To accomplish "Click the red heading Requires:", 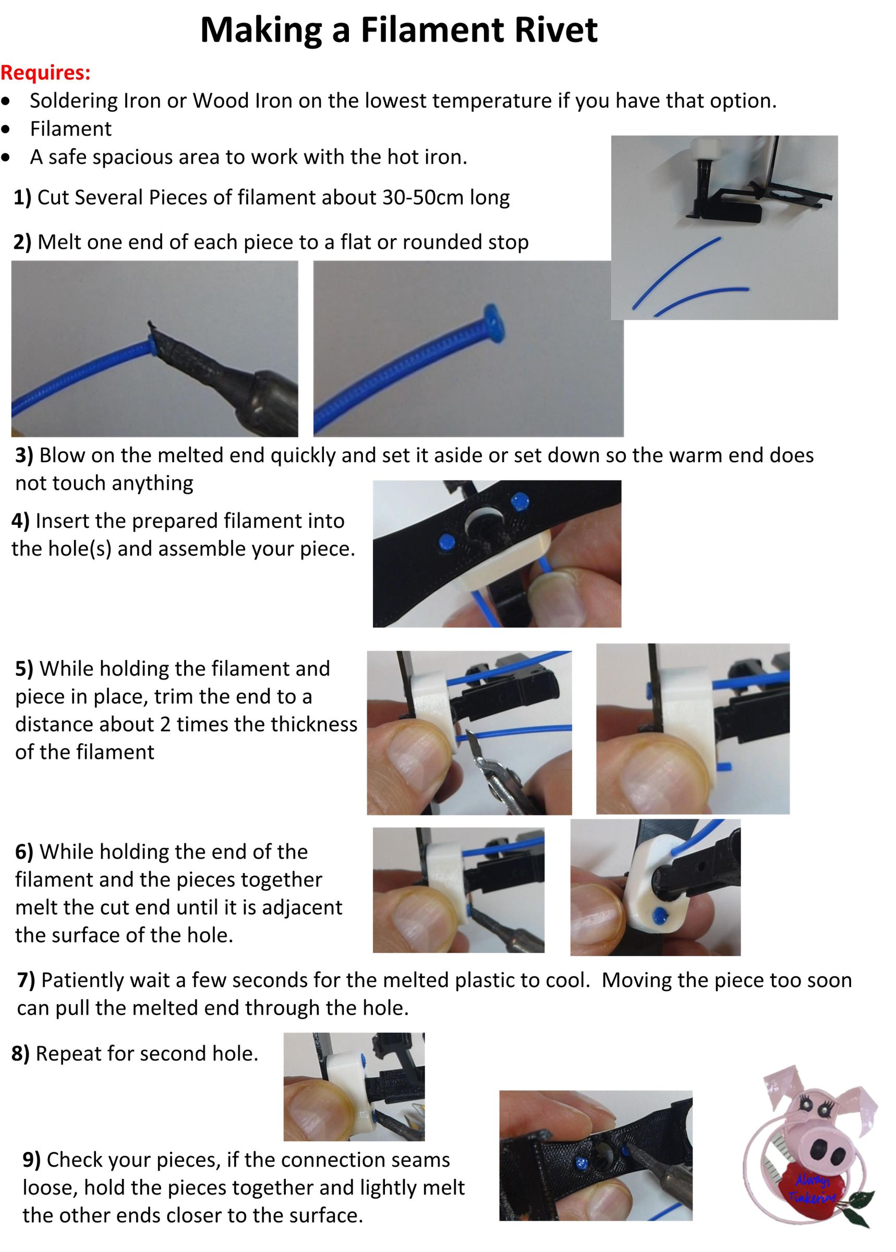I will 45,73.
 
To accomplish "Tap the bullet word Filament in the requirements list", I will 70,129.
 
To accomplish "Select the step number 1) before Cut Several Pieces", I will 22,198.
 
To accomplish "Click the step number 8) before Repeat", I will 20,1054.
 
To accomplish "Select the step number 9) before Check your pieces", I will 31,1160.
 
